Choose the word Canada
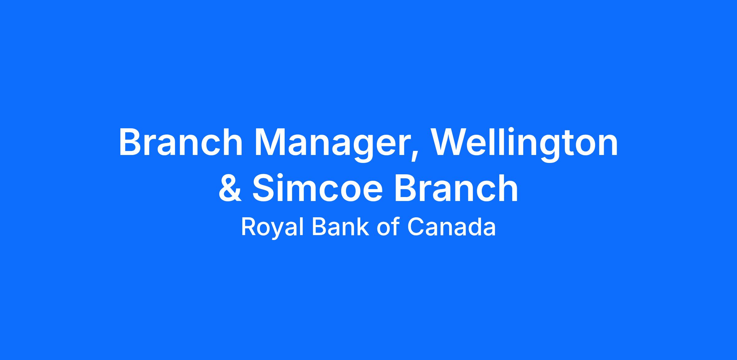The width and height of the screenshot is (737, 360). pos(451,227)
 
